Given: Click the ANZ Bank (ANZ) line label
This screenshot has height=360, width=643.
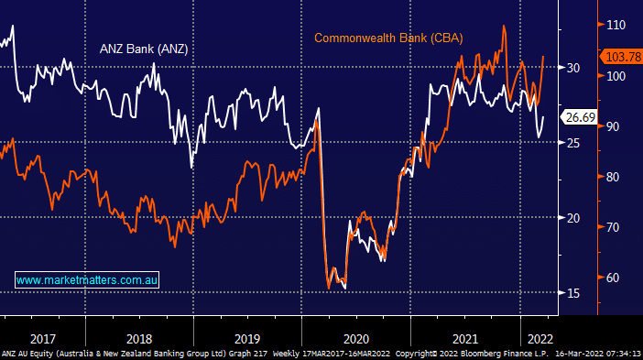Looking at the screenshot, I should [143, 49].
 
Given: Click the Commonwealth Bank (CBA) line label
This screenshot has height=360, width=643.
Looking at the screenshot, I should [388, 38].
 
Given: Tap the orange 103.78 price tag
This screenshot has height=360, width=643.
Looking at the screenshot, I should [620, 57].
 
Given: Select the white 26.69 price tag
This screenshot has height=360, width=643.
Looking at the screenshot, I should [581, 117].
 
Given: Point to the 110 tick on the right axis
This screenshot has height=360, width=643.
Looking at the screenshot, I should [615, 25].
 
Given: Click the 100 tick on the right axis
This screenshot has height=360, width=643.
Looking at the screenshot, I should [615, 76].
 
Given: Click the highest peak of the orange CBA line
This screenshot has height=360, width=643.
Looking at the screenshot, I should [504, 27].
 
